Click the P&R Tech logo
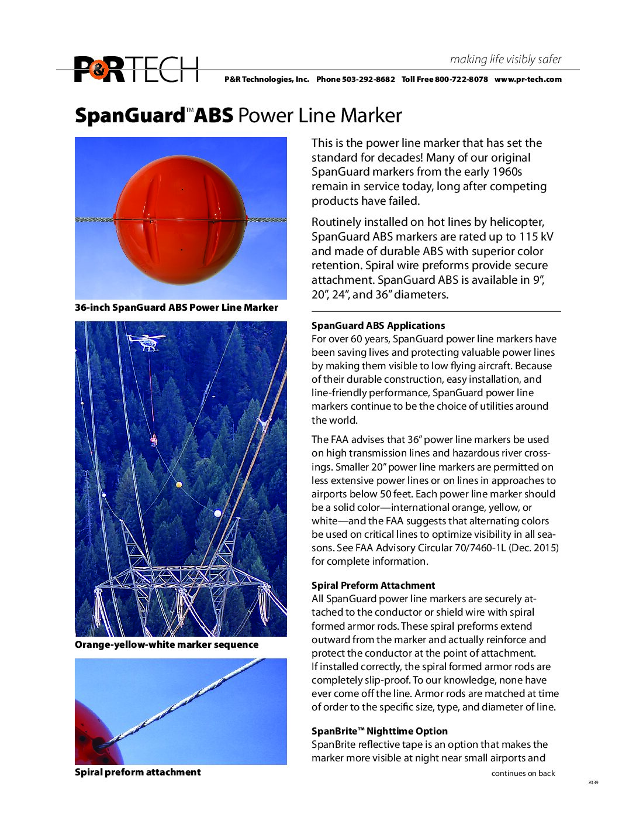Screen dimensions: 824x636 [x=136, y=69]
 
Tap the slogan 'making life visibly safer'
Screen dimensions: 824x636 [x=505, y=59]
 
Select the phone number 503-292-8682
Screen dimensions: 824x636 [x=368, y=80]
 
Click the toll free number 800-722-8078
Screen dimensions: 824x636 [x=461, y=80]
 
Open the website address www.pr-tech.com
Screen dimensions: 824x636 [x=528, y=80]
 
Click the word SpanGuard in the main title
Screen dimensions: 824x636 [x=130, y=115]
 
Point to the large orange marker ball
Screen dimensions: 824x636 [x=181, y=219]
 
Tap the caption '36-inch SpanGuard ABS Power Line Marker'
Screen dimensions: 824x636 [x=177, y=308]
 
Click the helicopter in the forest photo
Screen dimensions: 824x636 [x=147, y=341]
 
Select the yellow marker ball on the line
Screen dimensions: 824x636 [x=179, y=485]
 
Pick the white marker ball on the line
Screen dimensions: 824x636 [x=217, y=513]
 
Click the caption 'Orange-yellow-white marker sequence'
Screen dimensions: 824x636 [x=167, y=645]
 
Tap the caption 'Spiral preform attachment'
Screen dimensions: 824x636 [x=138, y=772]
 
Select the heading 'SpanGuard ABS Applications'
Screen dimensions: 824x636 [x=378, y=326]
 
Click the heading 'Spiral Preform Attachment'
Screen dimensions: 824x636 [x=373, y=586]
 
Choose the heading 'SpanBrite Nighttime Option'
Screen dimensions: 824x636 [x=379, y=732]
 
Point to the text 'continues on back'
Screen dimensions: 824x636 [x=523, y=774]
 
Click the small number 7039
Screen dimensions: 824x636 [x=593, y=782]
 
